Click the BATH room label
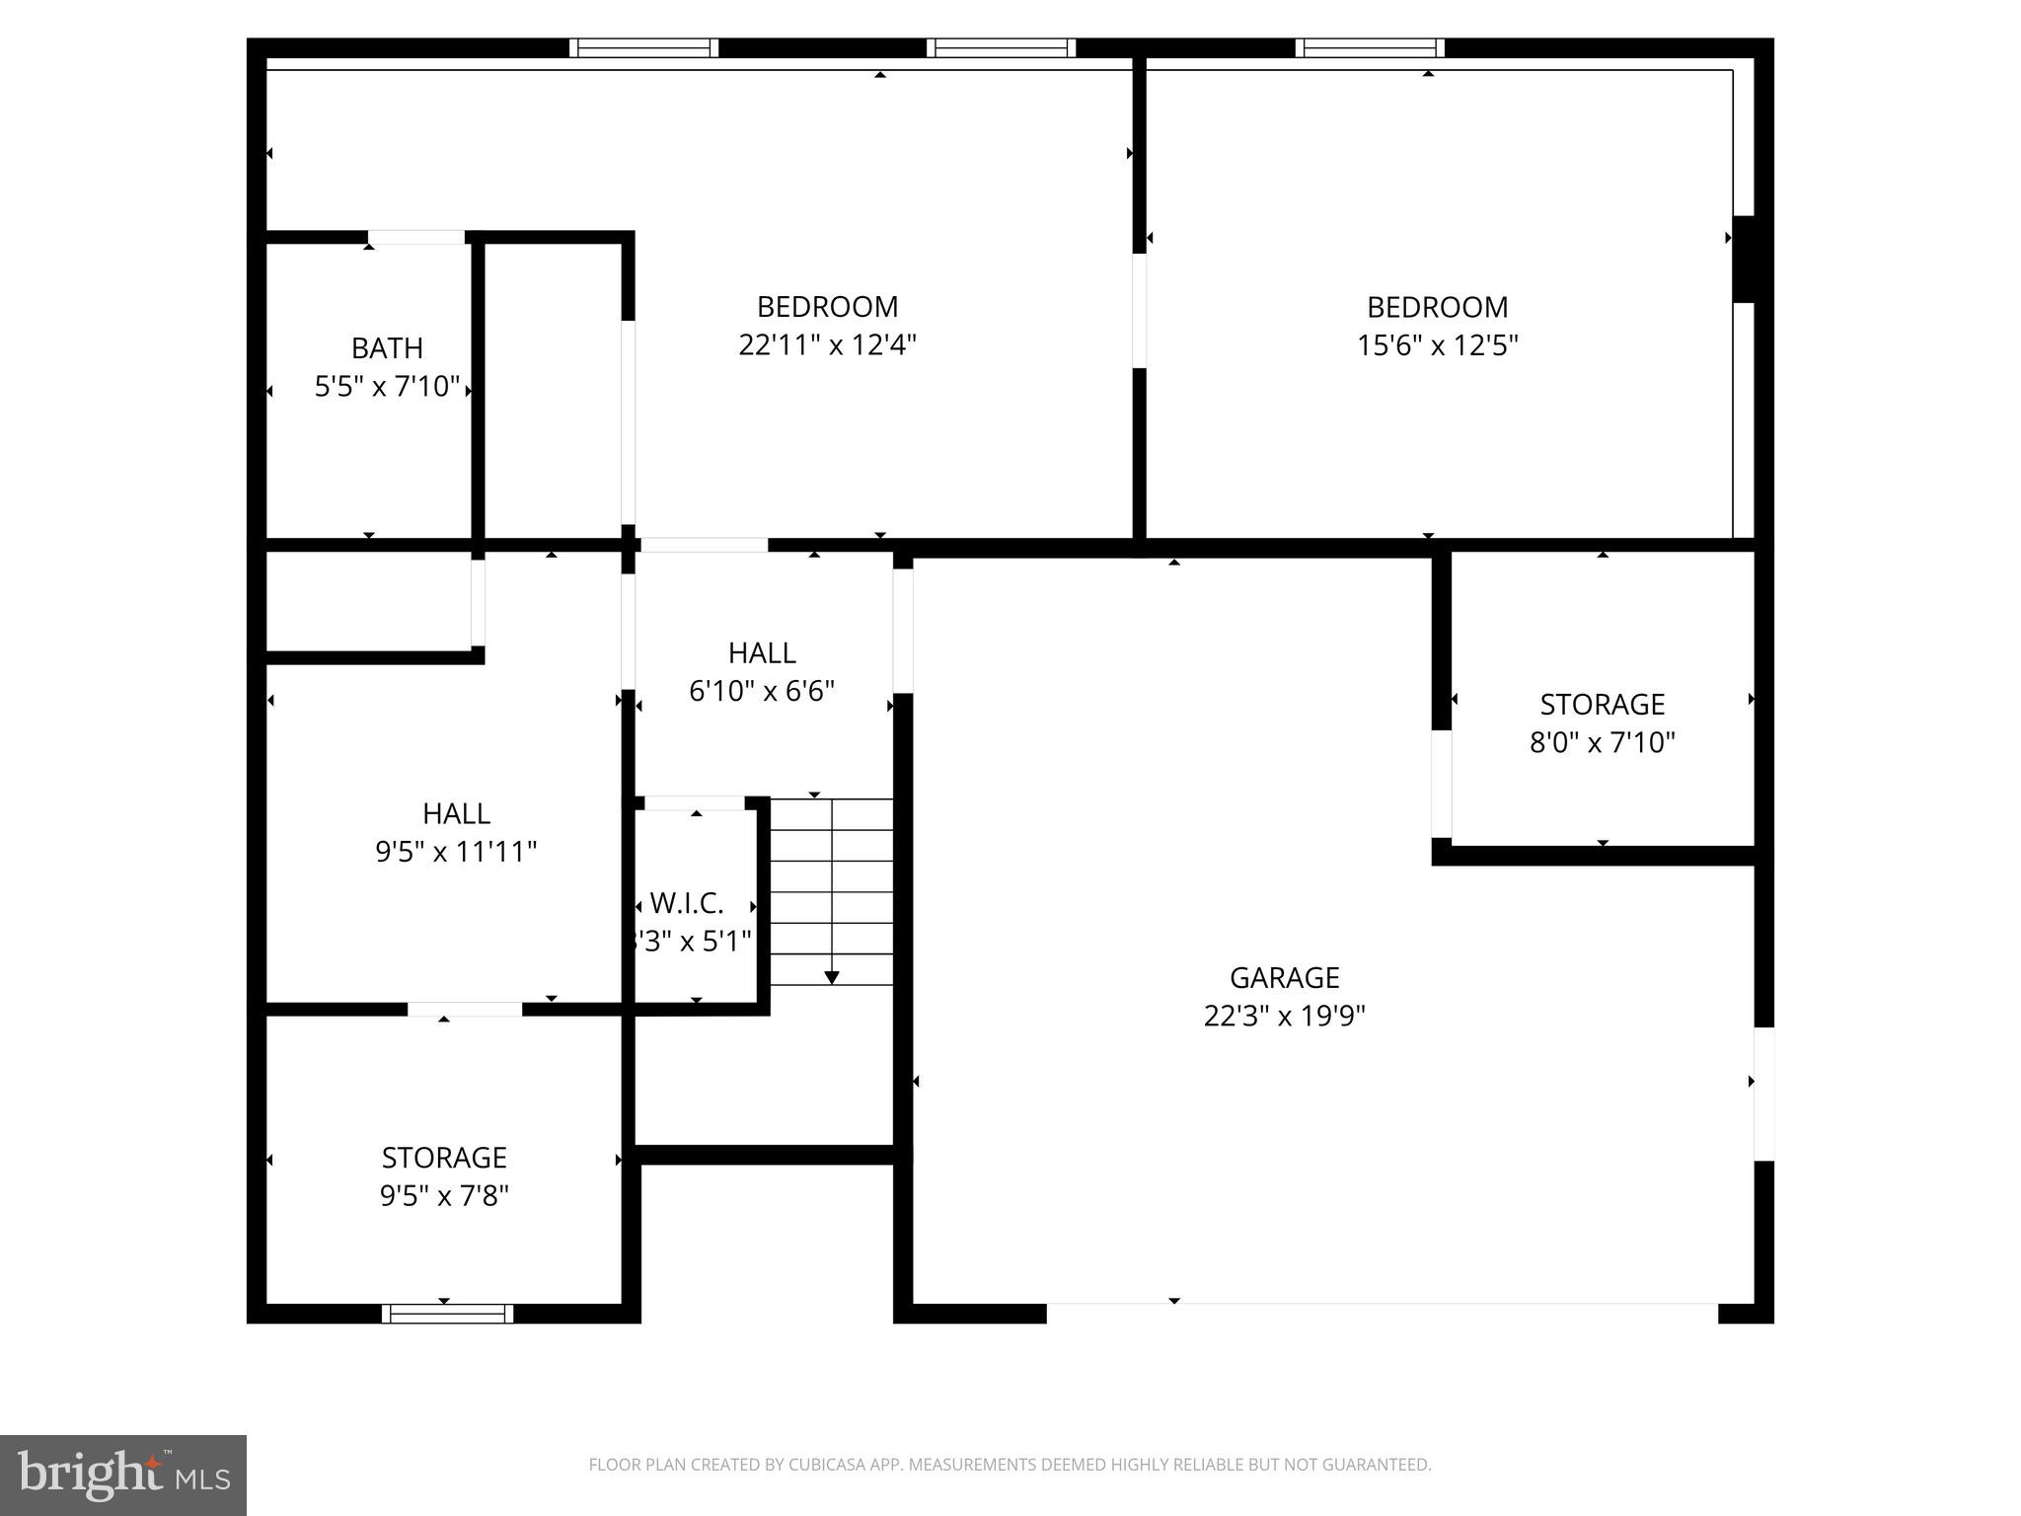click(x=387, y=348)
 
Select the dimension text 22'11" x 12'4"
click(x=827, y=345)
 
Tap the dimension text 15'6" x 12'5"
click(x=1437, y=345)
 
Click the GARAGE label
click(x=1284, y=977)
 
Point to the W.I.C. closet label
click(x=687, y=903)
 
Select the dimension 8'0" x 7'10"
click(x=1602, y=742)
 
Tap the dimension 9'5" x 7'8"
click(x=444, y=1196)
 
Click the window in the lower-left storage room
click(x=447, y=1314)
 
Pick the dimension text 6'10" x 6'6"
click(x=762, y=691)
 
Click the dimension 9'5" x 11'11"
click(x=456, y=852)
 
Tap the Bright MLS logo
click(x=123, y=1475)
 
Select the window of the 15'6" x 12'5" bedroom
click(x=1370, y=47)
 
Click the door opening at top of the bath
click(x=416, y=237)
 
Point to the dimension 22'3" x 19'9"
click(x=1284, y=1016)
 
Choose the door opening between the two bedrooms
click(x=1139, y=311)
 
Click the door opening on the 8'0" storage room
click(x=1442, y=784)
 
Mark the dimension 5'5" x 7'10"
click(x=387, y=387)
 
